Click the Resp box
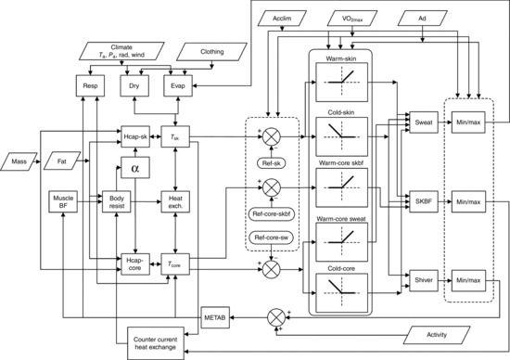[x=91, y=85]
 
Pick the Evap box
[x=176, y=85]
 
